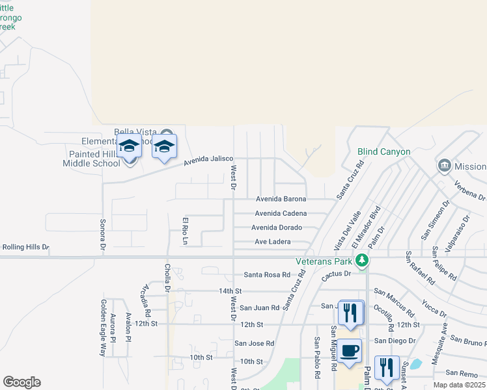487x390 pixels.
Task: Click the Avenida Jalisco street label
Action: pos(208,159)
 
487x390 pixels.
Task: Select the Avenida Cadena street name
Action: pos(281,213)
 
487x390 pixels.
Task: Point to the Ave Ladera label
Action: pos(272,242)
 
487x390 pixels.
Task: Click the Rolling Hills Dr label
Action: pos(26,248)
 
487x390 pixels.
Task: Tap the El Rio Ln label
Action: pos(185,231)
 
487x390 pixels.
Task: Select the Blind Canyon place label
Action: pos(384,152)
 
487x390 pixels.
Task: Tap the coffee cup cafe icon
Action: pos(350,350)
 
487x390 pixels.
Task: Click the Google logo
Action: pos(21,382)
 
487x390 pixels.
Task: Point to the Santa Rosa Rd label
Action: pos(267,275)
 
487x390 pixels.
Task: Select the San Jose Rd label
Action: pos(255,343)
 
